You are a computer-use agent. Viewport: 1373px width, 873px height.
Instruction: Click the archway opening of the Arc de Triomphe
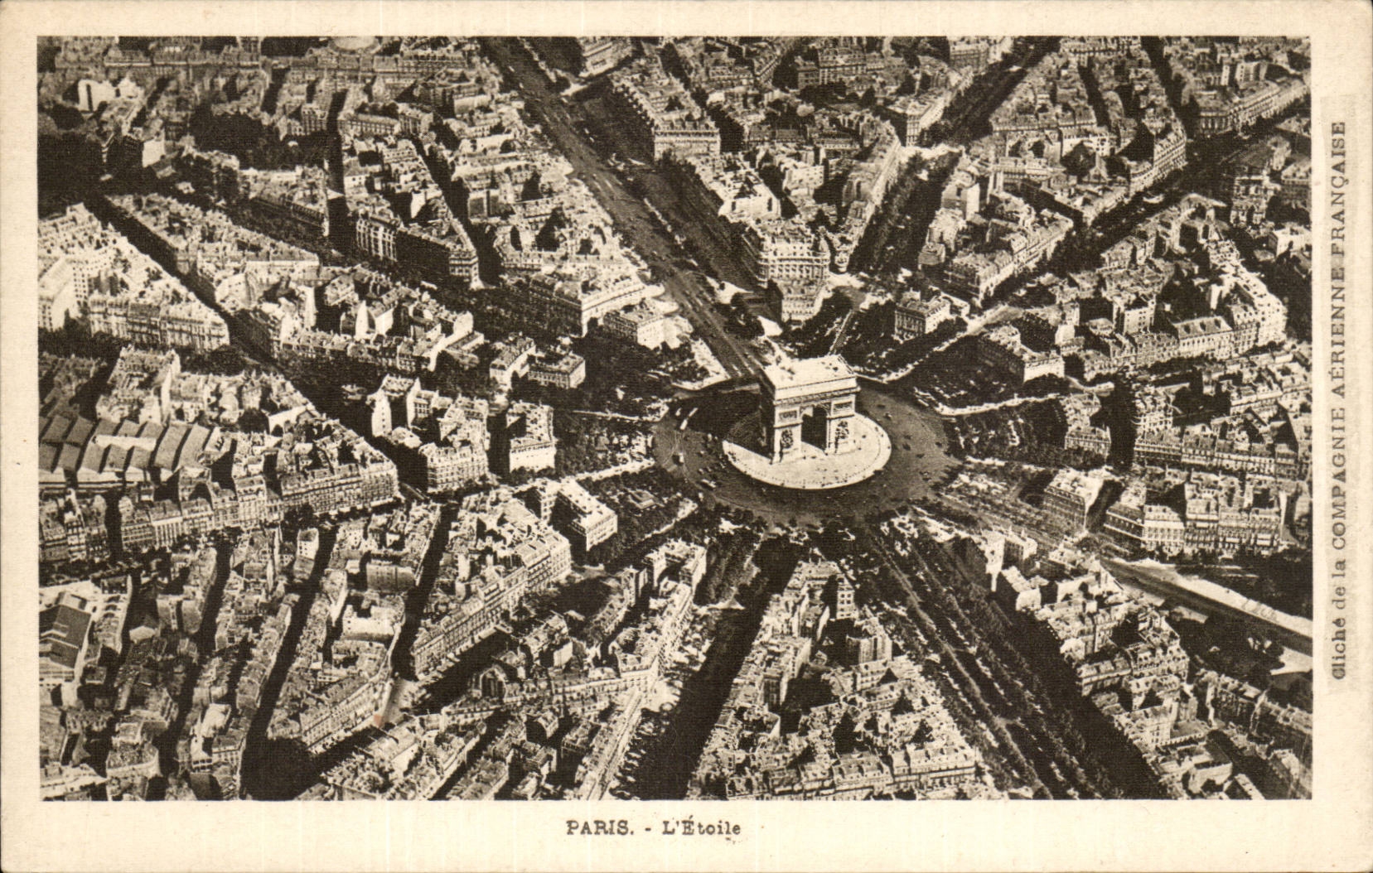(x=814, y=427)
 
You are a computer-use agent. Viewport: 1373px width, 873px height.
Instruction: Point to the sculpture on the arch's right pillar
(x=841, y=432)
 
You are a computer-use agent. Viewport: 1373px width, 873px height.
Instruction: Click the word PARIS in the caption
(x=596, y=827)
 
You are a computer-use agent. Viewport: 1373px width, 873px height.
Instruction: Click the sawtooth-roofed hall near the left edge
(x=124, y=447)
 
